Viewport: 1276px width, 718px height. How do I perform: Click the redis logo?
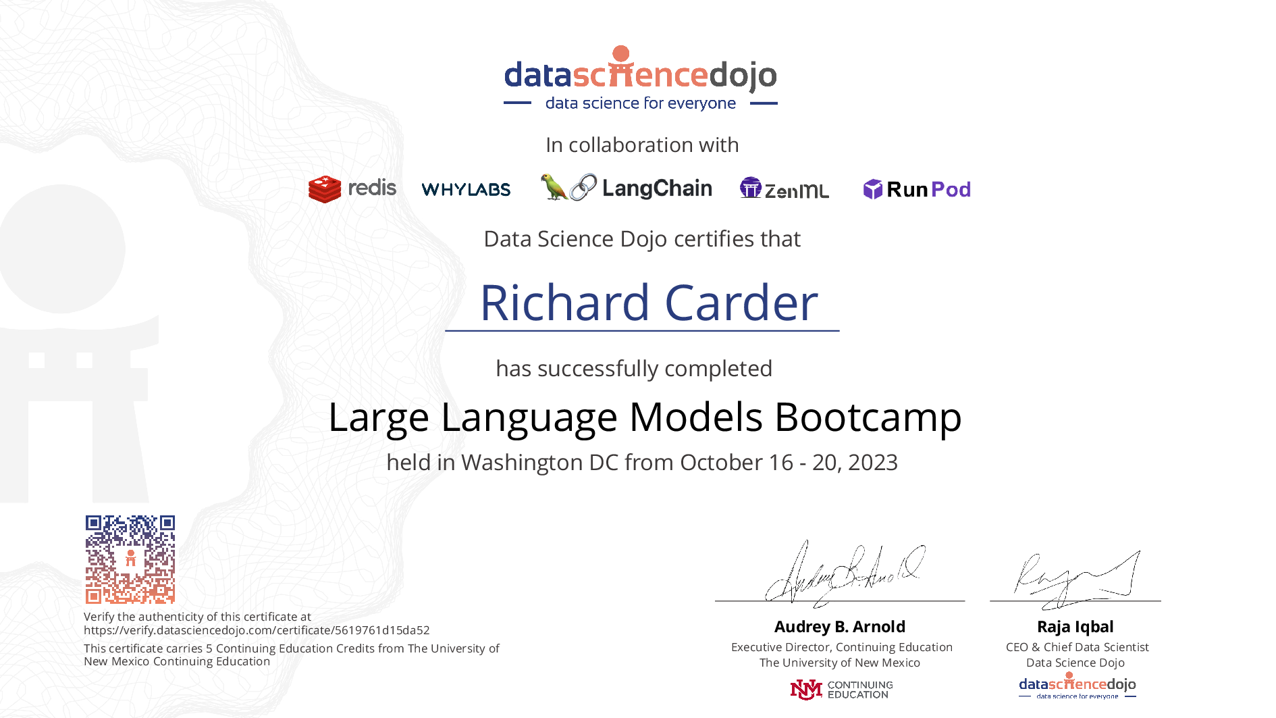tap(352, 188)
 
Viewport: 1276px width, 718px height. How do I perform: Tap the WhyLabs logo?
tap(466, 190)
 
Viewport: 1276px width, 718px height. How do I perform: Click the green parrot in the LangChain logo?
tap(554, 187)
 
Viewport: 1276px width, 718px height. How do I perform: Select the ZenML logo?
tap(785, 188)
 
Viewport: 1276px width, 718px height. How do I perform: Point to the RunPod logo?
tap(917, 189)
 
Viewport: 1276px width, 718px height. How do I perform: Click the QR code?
tap(130, 559)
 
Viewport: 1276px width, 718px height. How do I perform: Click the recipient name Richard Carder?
tap(649, 303)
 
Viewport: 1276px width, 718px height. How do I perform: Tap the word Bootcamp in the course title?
tap(868, 417)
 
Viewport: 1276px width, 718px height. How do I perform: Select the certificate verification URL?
tap(257, 630)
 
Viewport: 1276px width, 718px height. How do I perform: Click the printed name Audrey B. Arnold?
tap(840, 627)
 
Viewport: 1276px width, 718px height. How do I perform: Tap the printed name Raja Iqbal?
tap(1075, 627)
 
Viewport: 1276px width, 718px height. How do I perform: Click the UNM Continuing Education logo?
tap(841, 690)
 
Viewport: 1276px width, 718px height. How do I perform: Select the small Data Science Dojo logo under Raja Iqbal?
tap(1078, 686)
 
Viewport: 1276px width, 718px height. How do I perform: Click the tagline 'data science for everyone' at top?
tap(641, 103)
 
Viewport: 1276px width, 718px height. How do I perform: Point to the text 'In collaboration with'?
tap(642, 145)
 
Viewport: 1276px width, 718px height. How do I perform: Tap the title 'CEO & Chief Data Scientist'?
tap(1078, 647)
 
